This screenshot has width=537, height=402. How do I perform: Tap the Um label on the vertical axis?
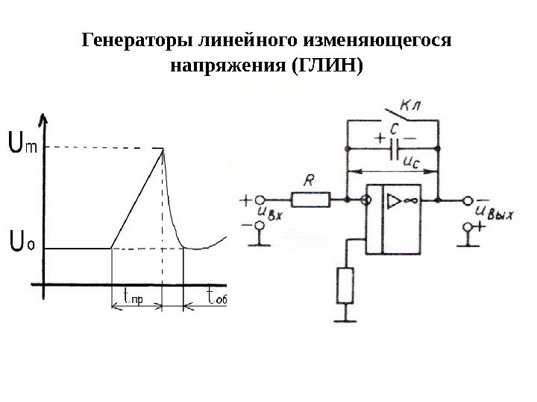point(22,141)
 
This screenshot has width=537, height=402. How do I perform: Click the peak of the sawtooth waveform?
point(163,148)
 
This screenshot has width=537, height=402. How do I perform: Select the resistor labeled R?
point(310,199)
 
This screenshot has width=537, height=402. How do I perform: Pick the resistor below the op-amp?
point(345,286)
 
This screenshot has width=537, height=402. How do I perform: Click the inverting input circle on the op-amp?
point(365,200)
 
